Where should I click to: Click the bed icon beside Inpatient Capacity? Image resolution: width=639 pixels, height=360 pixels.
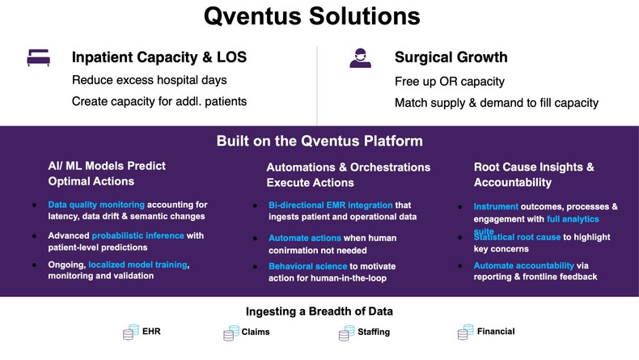(x=38, y=58)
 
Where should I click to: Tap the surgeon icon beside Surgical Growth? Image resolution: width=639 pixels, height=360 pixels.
(x=360, y=58)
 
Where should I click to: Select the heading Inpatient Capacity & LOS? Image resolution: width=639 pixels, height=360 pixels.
(x=159, y=57)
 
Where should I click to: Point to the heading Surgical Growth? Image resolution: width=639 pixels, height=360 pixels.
(x=451, y=57)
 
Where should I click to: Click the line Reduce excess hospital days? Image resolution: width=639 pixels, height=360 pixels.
(x=149, y=80)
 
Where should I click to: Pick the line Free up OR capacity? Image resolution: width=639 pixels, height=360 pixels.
(x=449, y=81)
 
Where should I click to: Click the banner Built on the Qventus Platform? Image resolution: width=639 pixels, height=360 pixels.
(x=319, y=141)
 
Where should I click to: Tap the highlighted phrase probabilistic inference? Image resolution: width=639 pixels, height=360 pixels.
(x=138, y=235)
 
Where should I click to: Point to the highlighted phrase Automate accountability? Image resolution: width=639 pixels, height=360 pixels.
(x=524, y=265)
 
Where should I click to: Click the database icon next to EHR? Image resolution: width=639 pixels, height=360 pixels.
(x=130, y=332)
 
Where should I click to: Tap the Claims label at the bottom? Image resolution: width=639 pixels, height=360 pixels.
(x=255, y=332)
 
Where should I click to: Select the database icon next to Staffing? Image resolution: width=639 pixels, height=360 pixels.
(x=345, y=332)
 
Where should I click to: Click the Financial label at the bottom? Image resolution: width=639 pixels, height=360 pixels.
(x=495, y=331)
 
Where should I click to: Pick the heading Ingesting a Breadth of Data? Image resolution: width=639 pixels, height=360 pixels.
(x=319, y=311)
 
